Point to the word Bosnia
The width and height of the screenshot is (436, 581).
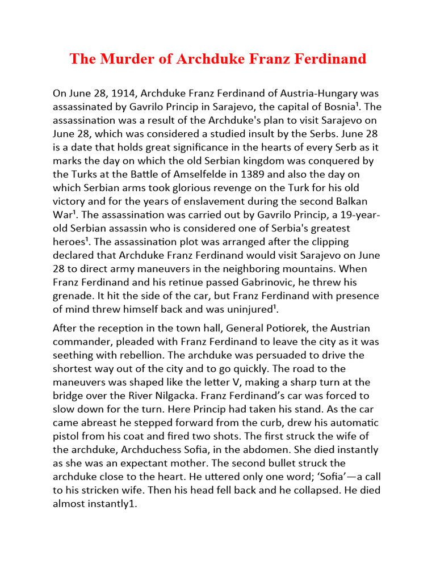tap(336, 106)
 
